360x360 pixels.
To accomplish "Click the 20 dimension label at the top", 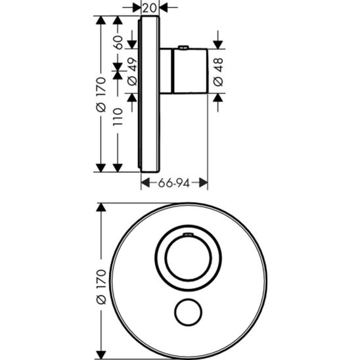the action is [150, 9].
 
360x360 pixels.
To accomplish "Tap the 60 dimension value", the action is [118, 43].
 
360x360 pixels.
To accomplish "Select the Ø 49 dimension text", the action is [132, 72].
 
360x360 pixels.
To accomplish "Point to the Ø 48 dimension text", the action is [218, 72].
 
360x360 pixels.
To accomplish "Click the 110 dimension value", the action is [118, 117].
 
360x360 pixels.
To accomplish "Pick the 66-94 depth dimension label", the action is [174, 183].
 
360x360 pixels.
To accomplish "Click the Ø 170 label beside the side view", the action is [101, 95].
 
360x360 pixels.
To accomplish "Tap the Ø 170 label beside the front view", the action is [101, 287].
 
